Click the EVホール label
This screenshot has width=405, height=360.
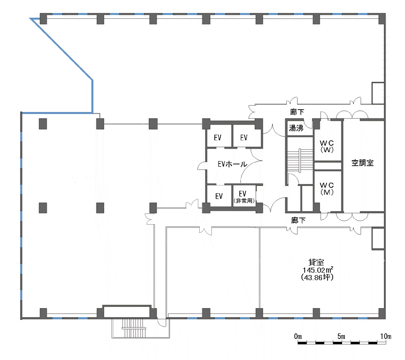(232, 164)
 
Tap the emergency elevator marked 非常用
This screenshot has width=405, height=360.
(244, 196)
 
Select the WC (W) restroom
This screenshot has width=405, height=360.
(327, 146)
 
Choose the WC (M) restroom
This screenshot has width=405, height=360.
(327, 189)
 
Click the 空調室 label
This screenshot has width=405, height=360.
(363, 163)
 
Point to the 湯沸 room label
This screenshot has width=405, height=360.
(296, 127)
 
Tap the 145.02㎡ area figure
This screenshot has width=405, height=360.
(318, 270)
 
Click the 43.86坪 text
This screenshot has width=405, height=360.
(317, 277)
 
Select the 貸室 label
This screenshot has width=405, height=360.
(316, 262)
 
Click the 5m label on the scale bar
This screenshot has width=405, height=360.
(341, 336)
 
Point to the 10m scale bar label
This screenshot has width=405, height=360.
(385, 336)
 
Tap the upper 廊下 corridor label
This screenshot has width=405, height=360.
(297, 112)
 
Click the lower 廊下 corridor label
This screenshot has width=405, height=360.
(298, 220)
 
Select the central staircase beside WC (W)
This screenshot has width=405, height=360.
(300, 160)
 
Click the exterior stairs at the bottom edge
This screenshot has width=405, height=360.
(134, 328)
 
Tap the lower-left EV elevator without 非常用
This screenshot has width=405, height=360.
(219, 196)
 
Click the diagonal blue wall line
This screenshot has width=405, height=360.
(62, 49)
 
